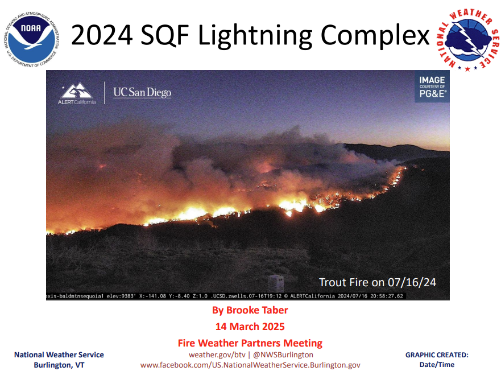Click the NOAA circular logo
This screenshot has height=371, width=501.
[x=32, y=40]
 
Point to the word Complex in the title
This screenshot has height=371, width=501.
[x=375, y=35]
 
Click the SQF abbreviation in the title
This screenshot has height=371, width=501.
[x=165, y=35]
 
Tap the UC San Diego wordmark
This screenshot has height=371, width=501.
[x=142, y=93]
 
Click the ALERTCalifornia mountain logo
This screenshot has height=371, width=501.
[x=77, y=93]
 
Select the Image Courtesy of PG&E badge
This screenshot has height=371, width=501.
[x=432, y=86]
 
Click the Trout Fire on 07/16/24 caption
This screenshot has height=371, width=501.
[x=378, y=282]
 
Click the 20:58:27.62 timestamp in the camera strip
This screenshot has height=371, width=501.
[x=387, y=296]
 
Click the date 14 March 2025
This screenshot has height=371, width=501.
[x=250, y=327]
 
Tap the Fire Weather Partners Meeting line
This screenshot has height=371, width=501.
[x=250, y=343]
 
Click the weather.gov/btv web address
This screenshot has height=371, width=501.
[x=217, y=355]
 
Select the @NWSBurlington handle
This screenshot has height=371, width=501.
[x=283, y=355]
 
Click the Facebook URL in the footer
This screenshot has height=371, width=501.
[x=250, y=365]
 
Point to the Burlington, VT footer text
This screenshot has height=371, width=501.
[x=59, y=365]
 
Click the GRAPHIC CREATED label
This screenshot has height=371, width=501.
[x=437, y=355]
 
